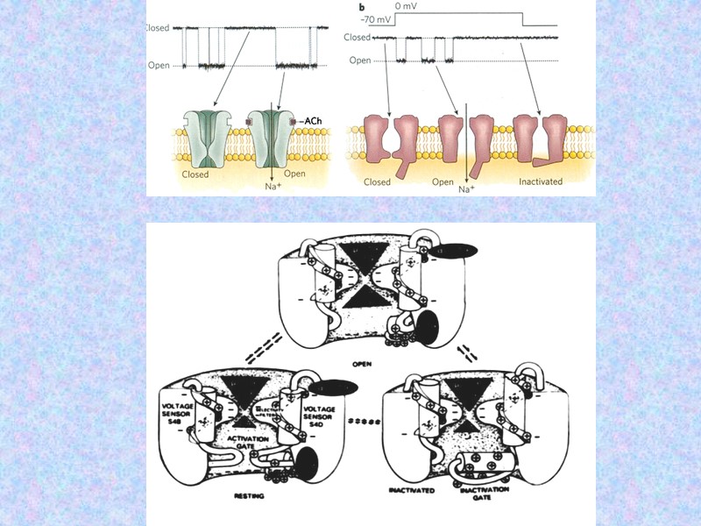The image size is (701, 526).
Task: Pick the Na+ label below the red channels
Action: (465, 188)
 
